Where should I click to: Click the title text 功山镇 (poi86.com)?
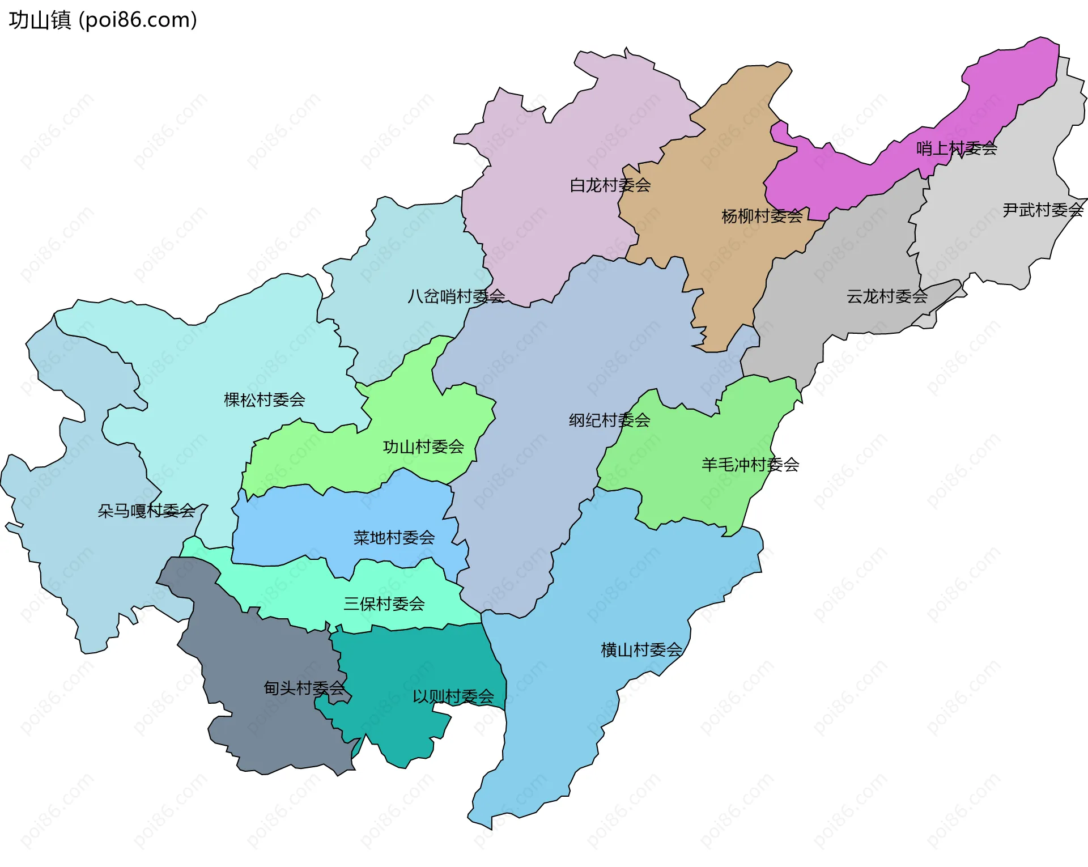click(103, 20)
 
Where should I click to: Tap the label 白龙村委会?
click(610, 185)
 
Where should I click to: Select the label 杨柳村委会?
click(762, 216)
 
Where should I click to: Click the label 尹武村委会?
click(1042, 210)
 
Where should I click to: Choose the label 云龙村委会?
click(886, 296)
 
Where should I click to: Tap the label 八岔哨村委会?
click(456, 296)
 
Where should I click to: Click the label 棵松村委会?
click(264, 400)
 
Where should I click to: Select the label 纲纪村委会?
click(609, 420)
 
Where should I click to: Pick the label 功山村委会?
click(423, 447)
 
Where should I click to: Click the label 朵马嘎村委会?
click(146, 511)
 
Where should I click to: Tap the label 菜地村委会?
click(394, 538)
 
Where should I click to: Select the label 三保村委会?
click(384, 604)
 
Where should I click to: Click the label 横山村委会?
click(641, 650)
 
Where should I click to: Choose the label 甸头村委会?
click(304, 688)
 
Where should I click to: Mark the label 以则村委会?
click(453, 696)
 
